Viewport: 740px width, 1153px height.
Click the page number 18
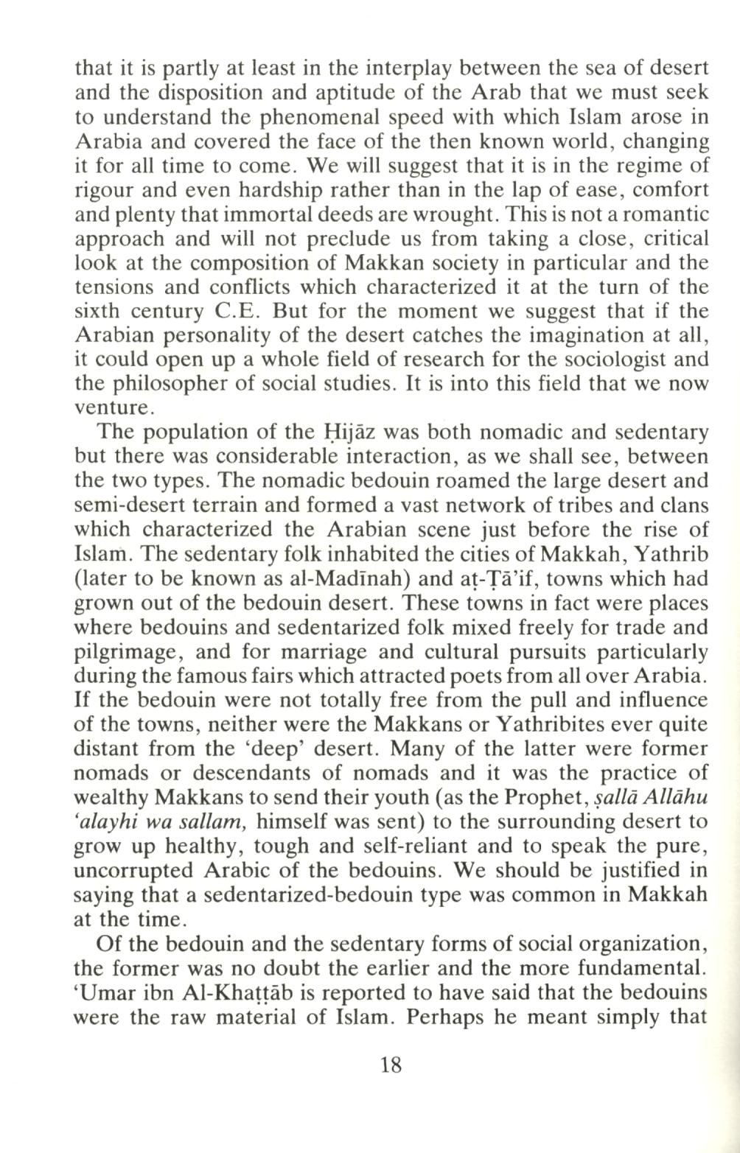pos(391,1065)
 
